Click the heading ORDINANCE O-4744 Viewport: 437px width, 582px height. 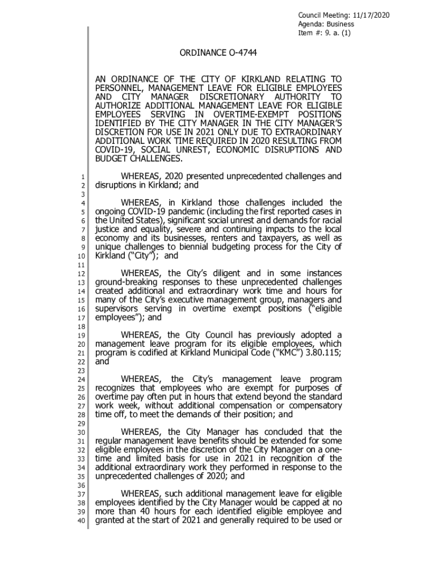[x=218, y=53]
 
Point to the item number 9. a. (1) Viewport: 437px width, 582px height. [x=337, y=33]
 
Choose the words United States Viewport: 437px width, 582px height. [x=133, y=220]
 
